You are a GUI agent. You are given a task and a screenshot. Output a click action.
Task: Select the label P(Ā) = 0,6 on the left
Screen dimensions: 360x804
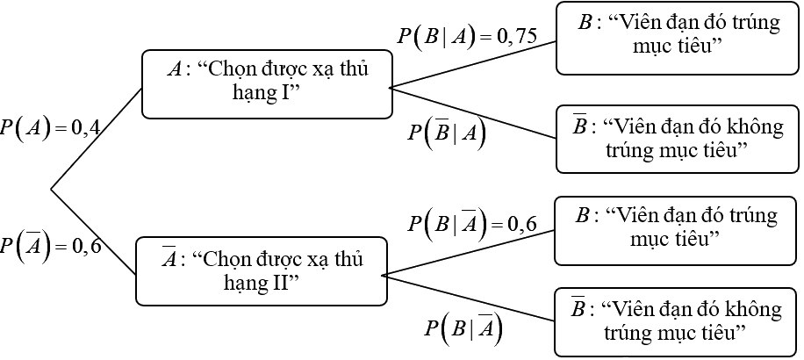[x=51, y=245]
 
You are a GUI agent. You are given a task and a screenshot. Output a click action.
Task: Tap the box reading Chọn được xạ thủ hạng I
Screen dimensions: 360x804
[x=267, y=84]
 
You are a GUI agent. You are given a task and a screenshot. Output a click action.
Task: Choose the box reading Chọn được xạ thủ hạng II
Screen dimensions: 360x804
[x=262, y=270]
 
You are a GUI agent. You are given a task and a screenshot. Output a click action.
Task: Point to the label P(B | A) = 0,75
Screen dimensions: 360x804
[x=466, y=36]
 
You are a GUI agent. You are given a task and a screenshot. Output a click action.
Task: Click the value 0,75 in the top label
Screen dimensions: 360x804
[x=516, y=37]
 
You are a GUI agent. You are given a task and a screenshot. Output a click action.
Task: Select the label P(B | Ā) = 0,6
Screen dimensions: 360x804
[x=471, y=223]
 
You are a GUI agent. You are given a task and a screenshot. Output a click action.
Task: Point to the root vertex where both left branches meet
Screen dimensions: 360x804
[x=51, y=188]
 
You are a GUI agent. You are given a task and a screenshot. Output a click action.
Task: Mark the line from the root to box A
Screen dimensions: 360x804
[x=97, y=138]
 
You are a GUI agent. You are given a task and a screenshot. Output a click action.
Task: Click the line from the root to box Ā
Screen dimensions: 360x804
[x=94, y=232]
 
